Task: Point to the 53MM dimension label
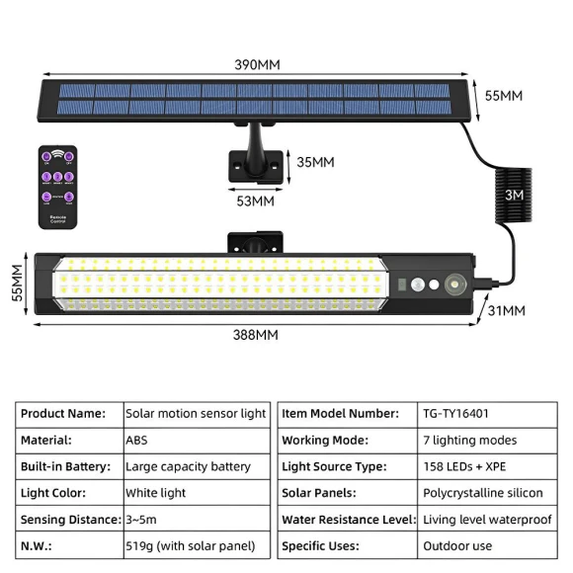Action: [x=256, y=201]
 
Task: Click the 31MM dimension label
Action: [x=505, y=311]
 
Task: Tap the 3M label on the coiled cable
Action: [x=514, y=196]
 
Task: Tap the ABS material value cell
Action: [x=195, y=441]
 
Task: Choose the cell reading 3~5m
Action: [x=195, y=519]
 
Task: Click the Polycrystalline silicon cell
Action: [x=481, y=493]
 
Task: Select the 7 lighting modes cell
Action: [x=469, y=441]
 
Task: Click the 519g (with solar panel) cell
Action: [x=195, y=545]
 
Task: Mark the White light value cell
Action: [x=195, y=493]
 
